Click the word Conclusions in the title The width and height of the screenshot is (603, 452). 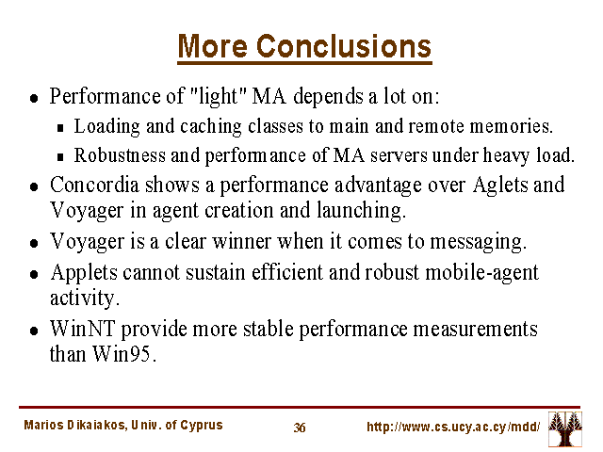coord(343,46)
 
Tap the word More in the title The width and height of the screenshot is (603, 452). coord(213,46)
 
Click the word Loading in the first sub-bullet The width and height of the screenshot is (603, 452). coord(106,127)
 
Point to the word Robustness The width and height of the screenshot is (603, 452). coord(120,155)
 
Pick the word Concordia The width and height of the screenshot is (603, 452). coord(94,185)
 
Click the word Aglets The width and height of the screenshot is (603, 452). coord(500,186)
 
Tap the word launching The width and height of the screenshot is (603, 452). coord(362,211)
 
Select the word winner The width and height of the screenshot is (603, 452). coord(241,242)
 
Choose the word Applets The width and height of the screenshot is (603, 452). coord(84,273)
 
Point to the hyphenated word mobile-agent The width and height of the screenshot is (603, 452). coord(481,273)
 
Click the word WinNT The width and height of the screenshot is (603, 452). coord(83,329)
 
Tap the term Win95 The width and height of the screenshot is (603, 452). coord(124,354)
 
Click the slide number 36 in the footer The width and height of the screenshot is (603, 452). coord(300,428)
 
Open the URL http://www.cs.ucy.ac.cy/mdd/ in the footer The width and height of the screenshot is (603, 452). coord(453,427)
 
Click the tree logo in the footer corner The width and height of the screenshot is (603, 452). coord(565,428)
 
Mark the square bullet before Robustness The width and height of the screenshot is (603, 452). coord(60,157)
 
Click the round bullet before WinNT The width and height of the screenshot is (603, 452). coord(34,331)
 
